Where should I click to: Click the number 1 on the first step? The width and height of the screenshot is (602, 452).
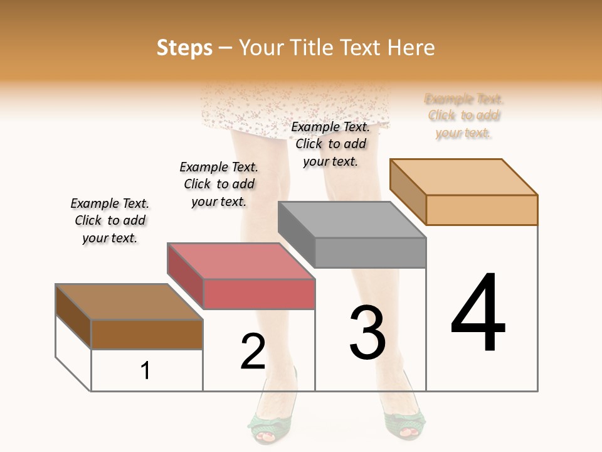(145, 370)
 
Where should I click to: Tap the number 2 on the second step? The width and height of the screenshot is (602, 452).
(253, 351)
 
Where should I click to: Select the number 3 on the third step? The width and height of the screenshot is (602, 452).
(367, 333)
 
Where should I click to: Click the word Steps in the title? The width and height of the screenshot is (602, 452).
(184, 48)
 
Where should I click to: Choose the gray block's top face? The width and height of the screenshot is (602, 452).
(352, 220)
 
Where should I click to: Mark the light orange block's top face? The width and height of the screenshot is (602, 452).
(463, 177)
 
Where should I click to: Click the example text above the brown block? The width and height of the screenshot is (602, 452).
(110, 220)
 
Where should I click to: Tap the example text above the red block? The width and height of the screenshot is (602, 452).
(219, 184)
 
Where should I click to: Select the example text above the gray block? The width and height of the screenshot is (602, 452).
(330, 144)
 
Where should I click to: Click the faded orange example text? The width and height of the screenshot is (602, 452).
(464, 116)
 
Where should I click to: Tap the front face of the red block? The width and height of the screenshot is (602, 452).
(259, 294)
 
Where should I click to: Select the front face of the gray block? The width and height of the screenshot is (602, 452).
(370, 252)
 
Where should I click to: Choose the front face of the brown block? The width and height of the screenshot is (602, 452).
(147, 334)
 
